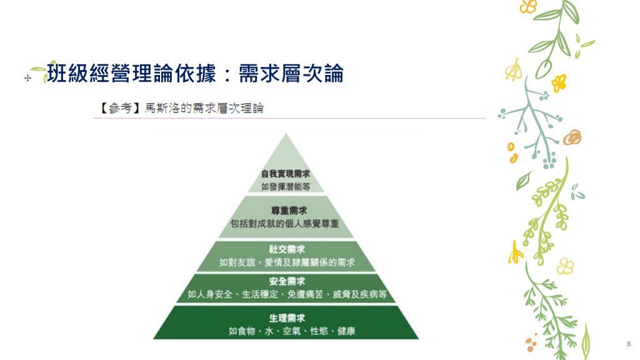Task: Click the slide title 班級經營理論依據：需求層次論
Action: pyautogui.click(x=196, y=74)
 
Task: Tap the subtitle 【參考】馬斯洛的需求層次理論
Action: pyautogui.click(x=182, y=108)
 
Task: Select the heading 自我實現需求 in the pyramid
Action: pyautogui.click(x=286, y=174)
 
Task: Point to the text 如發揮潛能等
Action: pyautogui.click(x=286, y=186)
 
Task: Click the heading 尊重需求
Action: pyautogui.click(x=289, y=211)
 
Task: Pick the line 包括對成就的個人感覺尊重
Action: pyautogui.click(x=284, y=224)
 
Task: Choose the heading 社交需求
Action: pyautogui.click(x=287, y=249)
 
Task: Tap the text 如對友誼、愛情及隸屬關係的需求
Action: pyautogui.click(x=287, y=262)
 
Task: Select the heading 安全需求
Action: pyautogui.click(x=287, y=281)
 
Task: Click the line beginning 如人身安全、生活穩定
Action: pyautogui.click(x=287, y=294)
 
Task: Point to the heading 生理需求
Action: pyautogui.click(x=287, y=318)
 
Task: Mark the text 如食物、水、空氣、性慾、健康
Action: pyautogui.click(x=291, y=331)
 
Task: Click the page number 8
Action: pyautogui.click(x=629, y=344)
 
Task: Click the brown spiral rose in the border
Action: pyautogui.click(x=572, y=137)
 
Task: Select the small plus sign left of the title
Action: pyautogui.click(x=27, y=77)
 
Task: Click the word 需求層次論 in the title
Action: pyautogui.click(x=291, y=74)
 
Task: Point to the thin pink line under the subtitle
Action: pyautogui.click(x=289, y=118)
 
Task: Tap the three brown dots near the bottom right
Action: pyautogui.click(x=531, y=343)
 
